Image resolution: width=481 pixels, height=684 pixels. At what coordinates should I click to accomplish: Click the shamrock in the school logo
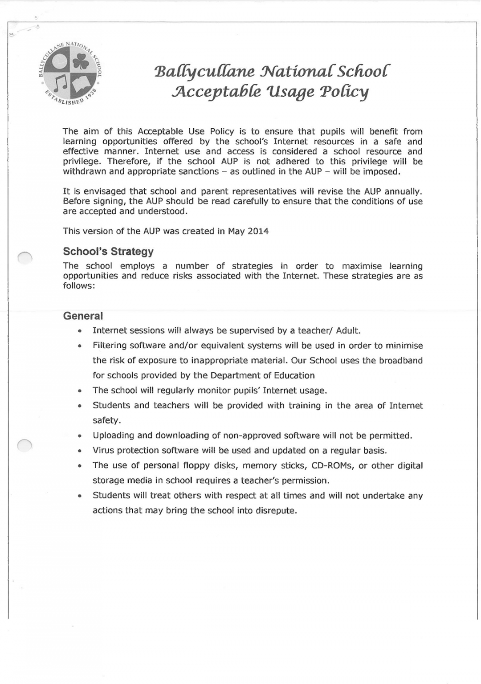click(x=81, y=64)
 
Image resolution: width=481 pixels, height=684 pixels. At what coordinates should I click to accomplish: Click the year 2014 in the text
click(x=258, y=231)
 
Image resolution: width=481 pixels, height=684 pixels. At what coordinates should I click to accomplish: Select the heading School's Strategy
click(x=108, y=252)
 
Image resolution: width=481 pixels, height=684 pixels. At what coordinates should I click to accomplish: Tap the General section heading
click(x=83, y=316)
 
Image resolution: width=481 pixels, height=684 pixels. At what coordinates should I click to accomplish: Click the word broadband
click(x=400, y=361)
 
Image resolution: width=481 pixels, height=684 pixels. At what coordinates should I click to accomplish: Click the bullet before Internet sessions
click(x=79, y=331)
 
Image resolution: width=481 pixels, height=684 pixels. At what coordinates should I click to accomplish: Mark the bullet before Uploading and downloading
click(x=79, y=436)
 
